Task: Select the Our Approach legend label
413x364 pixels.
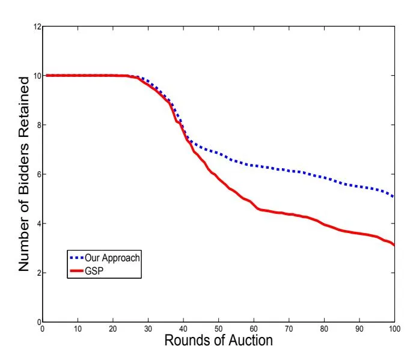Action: coord(114,257)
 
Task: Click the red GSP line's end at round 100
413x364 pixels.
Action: coord(394,245)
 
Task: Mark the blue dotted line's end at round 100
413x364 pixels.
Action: coord(394,197)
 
